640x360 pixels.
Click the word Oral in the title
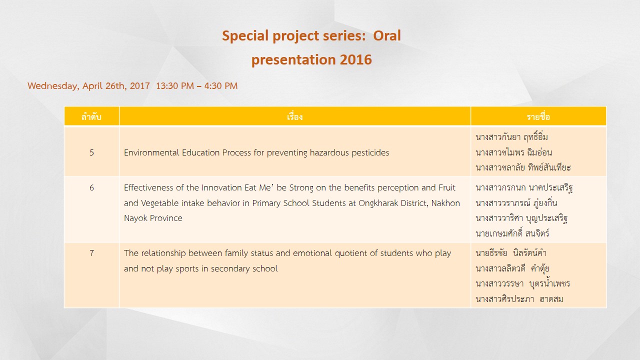387,35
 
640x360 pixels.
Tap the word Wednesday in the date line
53,86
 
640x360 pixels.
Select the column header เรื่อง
294,116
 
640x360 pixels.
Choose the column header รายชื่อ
538,116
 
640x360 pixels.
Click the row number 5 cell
91,152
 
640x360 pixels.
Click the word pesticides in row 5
370,153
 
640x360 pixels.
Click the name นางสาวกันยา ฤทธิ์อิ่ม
511,137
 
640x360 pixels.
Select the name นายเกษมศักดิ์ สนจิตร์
512,233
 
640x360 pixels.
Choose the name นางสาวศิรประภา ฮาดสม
519,299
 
